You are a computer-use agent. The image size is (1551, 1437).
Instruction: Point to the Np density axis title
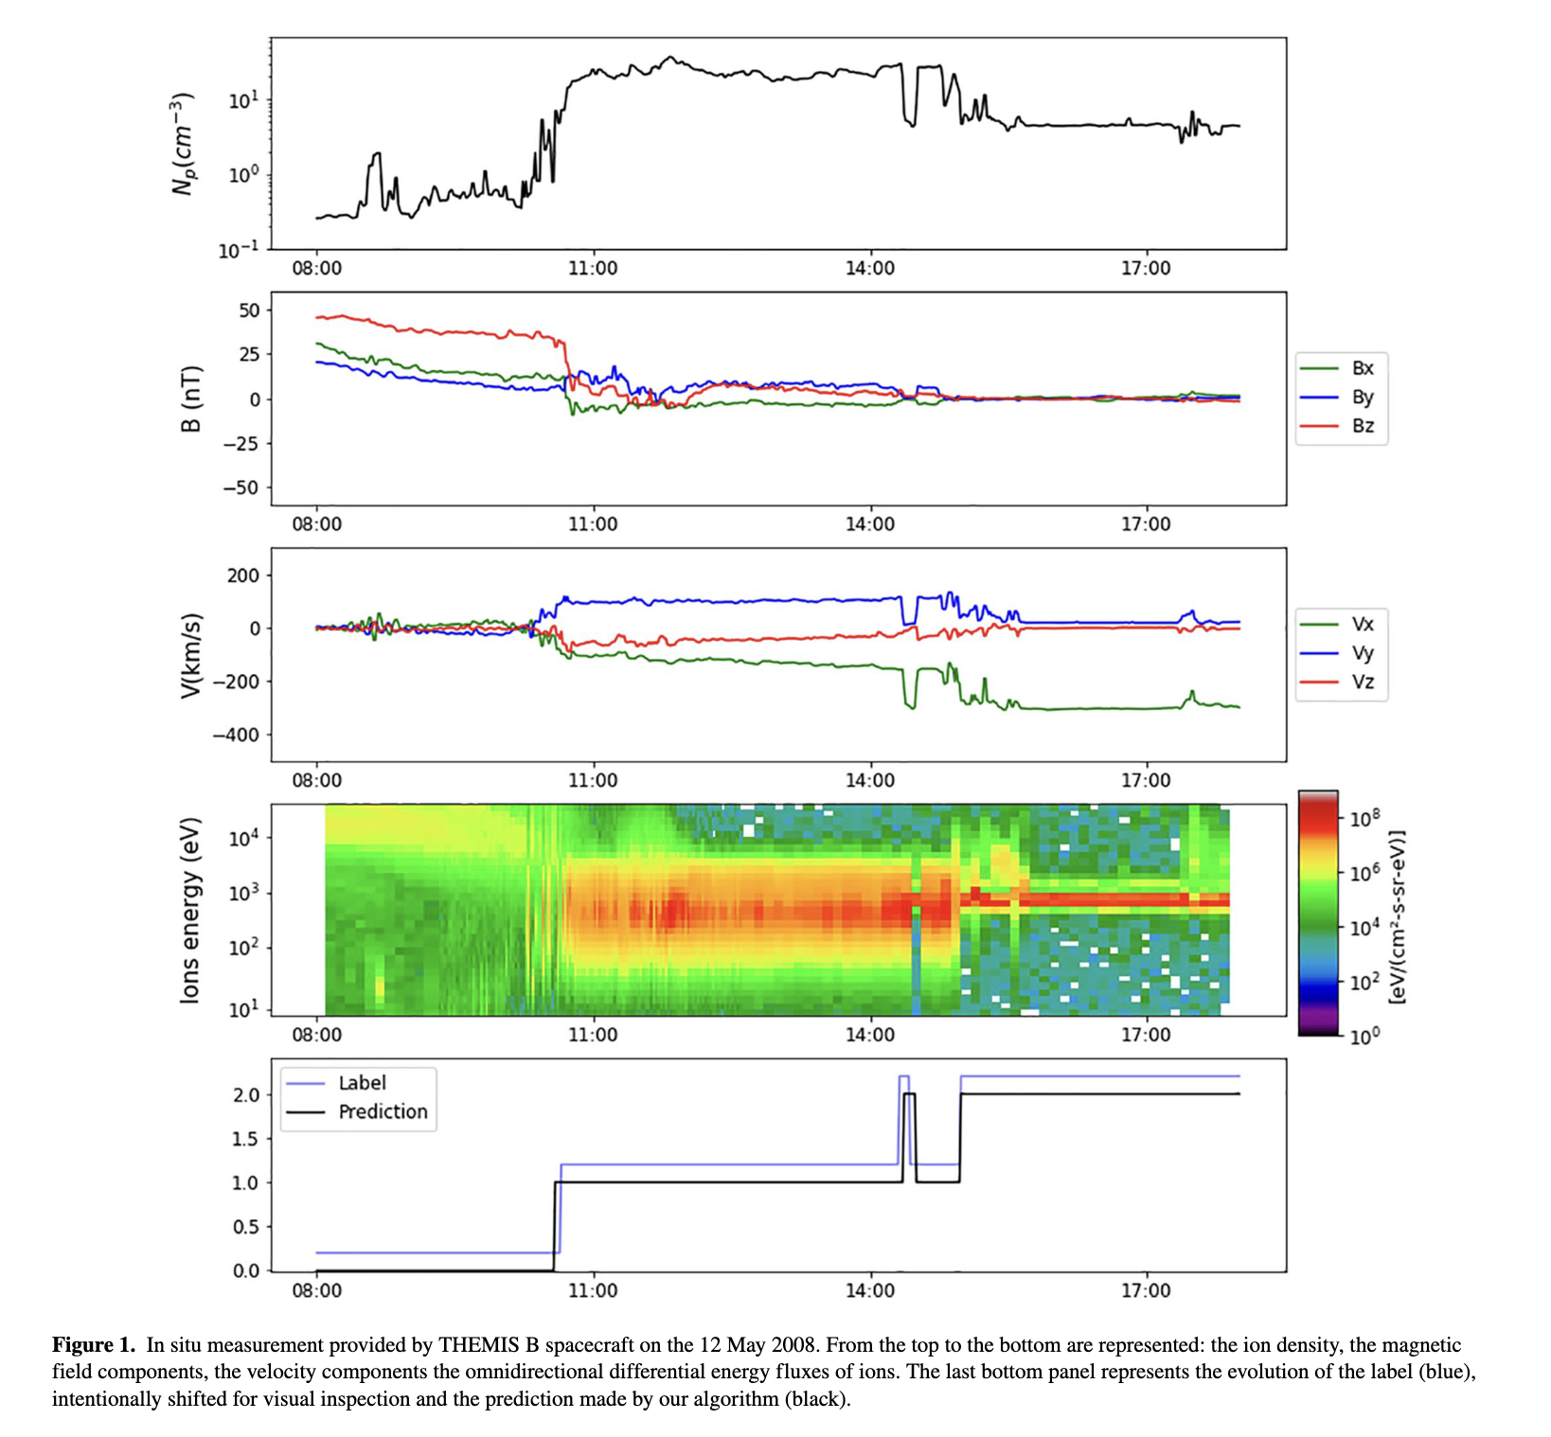[x=183, y=144]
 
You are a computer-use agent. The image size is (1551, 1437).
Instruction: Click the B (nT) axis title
[x=190, y=399]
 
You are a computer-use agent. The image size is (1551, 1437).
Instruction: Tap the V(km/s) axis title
[x=190, y=655]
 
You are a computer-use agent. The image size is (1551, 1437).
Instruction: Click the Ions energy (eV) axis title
[x=190, y=910]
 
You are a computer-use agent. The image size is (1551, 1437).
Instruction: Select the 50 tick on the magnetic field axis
[x=248, y=310]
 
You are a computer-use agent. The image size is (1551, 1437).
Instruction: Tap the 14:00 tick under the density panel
[x=869, y=269]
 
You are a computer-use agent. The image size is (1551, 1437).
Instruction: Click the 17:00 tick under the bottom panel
[x=1146, y=1290]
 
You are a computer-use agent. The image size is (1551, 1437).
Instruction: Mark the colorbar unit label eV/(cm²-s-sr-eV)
[x=1397, y=916]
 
